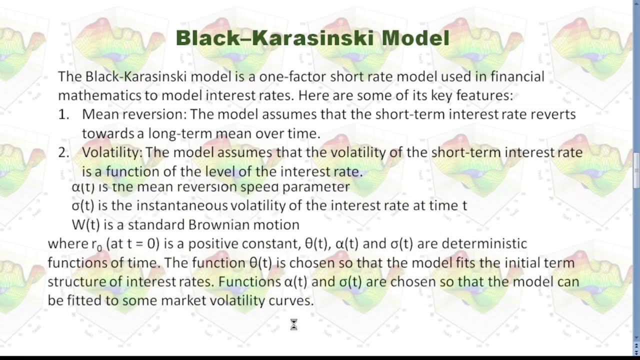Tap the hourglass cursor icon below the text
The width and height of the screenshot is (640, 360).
[x=293, y=325]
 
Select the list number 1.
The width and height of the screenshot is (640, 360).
[x=63, y=114]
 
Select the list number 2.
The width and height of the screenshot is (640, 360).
[x=63, y=152]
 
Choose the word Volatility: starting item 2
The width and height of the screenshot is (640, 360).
[x=112, y=152]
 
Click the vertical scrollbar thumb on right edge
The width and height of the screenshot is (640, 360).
[x=636, y=170]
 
